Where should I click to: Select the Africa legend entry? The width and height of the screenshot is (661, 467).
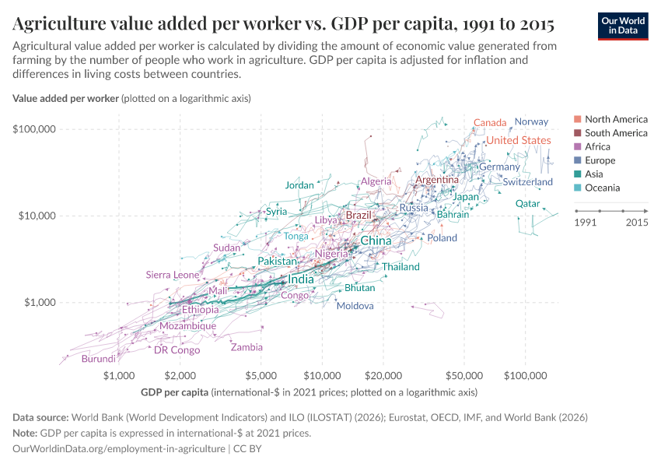[x=597, y=146]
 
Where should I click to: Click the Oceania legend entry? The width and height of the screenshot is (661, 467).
[x=602, y=188]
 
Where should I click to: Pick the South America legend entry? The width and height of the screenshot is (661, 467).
[x=615, y=133]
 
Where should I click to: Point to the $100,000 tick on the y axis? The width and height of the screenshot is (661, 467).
[x=33, y=128]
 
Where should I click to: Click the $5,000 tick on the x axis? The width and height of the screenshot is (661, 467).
[x=261, y=376]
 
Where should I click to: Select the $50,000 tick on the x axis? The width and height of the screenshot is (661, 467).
[x=464, y=376]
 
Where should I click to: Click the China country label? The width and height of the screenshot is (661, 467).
[x=376, y=241]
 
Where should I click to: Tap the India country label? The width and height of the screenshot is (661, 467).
[x=301, y=279]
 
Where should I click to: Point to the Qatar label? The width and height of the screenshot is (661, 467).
[x=527, y=204]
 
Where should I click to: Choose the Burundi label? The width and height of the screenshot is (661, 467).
[x=98, y=359]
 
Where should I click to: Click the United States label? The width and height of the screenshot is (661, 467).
[x=519, y=140]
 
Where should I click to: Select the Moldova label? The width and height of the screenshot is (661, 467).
[x=355, y=306]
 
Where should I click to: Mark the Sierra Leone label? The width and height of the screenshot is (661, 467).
[x=173, y=275]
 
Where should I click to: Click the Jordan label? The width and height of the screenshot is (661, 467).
[x=299, y=185]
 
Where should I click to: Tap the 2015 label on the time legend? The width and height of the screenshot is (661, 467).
[x=637, y=223]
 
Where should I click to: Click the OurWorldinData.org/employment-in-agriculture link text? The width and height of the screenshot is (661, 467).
[x=119, y=449]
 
